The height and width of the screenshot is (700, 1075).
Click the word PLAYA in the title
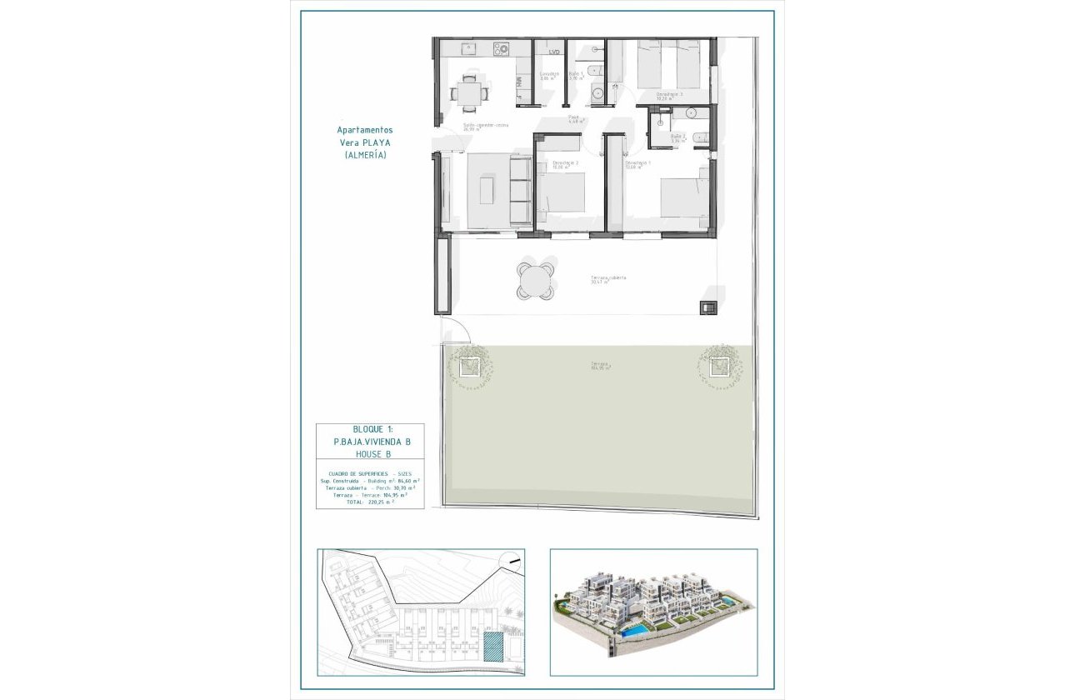[376, 142]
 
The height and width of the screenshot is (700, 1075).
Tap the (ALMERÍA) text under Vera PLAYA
[364, 155]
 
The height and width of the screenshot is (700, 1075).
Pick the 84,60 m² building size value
[407, 480]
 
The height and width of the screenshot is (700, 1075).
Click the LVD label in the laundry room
[553, 52]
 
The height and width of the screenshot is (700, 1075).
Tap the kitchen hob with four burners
[502, 49]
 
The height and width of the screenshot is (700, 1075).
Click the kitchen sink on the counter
[467, 49]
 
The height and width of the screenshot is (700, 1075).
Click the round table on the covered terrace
[534, 280]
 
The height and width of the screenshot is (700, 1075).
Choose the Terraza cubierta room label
[608, 278]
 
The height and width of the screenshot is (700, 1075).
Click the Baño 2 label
[679, 136]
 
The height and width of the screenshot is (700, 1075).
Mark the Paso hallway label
[573, 117]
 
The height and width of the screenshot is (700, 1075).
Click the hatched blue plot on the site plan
[493, 647]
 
